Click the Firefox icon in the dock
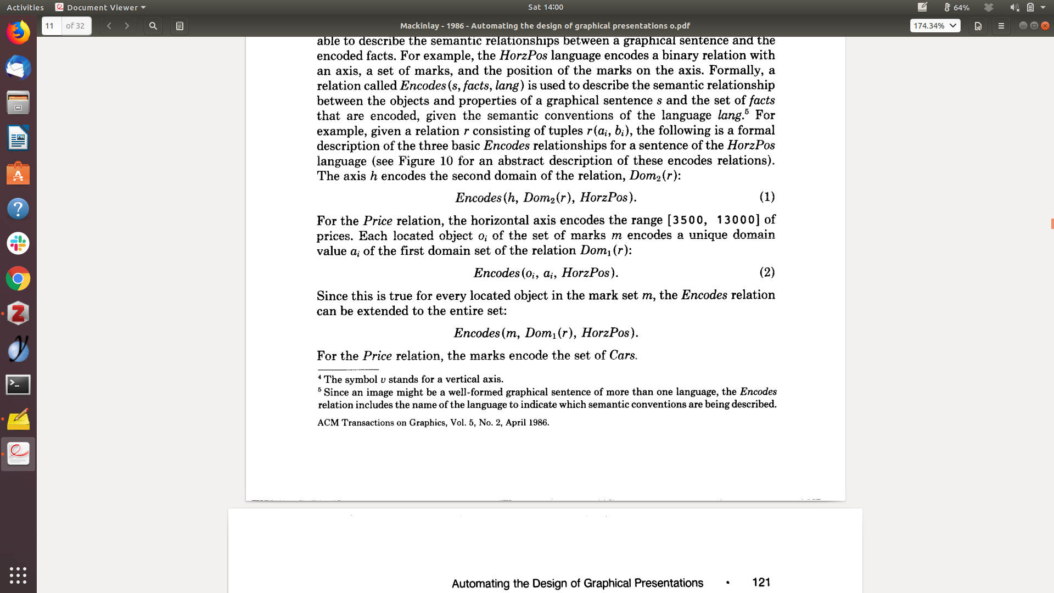click(x=18, y=33)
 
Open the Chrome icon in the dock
click(x=18, y=279)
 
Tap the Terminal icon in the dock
click(x=18, y=384)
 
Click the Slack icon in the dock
click(x=18, y=243)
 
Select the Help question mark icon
click(x=18, y=209)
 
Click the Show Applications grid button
click(x=18, y=575)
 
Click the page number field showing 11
click(x=52, y=26)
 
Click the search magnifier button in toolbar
click(x=153, y=26)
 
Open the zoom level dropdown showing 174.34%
click(x=935, y=26)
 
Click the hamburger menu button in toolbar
click(x=1001, y=26)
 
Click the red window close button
click(x=1045, y=26)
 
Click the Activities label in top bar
click(x=25, y=7)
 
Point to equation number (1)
click(x=767, y=197)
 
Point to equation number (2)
click(x=767, y=272)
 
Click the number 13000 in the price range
click(x=736, y=220)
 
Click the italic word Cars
click(x=622, y=355)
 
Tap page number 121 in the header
click(x=761, y=583)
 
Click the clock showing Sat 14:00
click(x=546, y=7)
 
